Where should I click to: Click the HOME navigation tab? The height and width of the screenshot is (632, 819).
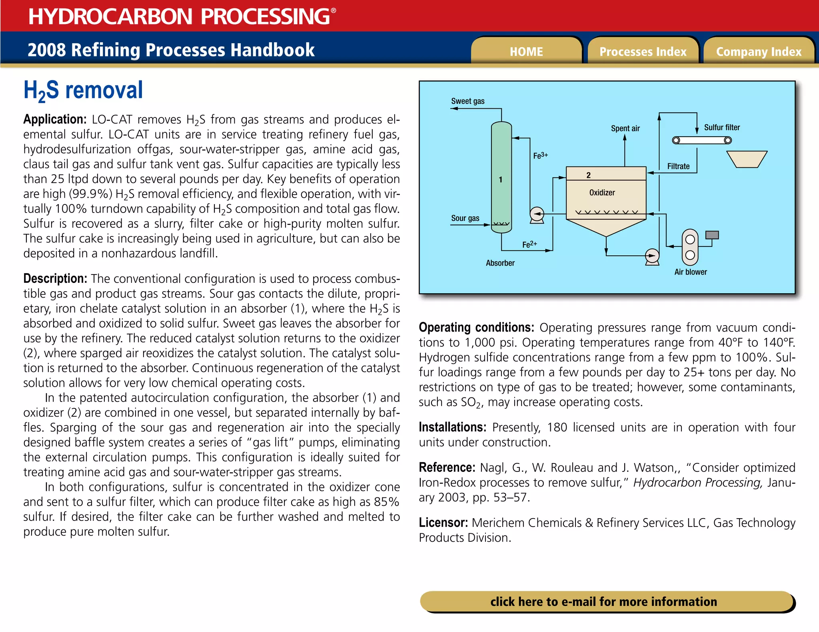click(526, 51)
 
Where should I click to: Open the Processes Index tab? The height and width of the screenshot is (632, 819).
click(643, 51)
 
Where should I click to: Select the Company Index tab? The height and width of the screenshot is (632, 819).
click(759, 51)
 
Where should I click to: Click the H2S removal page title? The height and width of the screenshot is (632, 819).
click(83, 90)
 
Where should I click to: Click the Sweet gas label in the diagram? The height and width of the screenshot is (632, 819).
click(467, 101)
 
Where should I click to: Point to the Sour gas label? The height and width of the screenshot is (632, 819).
click(465, 218)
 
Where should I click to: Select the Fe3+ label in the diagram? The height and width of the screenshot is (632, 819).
click(540, 155)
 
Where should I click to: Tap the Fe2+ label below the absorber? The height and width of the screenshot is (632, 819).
click(529, 244)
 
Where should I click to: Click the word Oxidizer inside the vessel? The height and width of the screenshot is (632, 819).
click(602, 193)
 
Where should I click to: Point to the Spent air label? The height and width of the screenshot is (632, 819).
click(625, 128)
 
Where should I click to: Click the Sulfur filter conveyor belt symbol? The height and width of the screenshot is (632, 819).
click(702, 140)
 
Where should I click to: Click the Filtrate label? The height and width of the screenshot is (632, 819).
click(678, 166)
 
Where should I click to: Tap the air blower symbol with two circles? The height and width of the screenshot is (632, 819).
click(690, 247)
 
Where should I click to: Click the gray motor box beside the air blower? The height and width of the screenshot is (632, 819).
click(712, 235)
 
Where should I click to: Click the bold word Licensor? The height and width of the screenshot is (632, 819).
click(443, 523)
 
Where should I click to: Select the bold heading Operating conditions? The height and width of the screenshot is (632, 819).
click(476, 328)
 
